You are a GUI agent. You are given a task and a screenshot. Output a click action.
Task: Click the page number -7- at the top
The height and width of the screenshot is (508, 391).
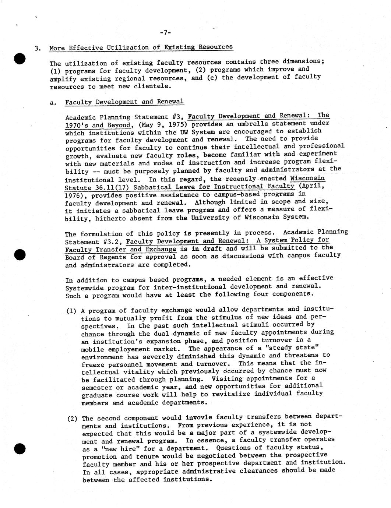point(165,32)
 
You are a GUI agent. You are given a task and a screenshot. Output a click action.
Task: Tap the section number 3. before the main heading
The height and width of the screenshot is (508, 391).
point(37,48)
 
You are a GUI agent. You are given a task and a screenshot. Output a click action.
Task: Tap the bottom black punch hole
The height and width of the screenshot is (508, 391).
point(20,449)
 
